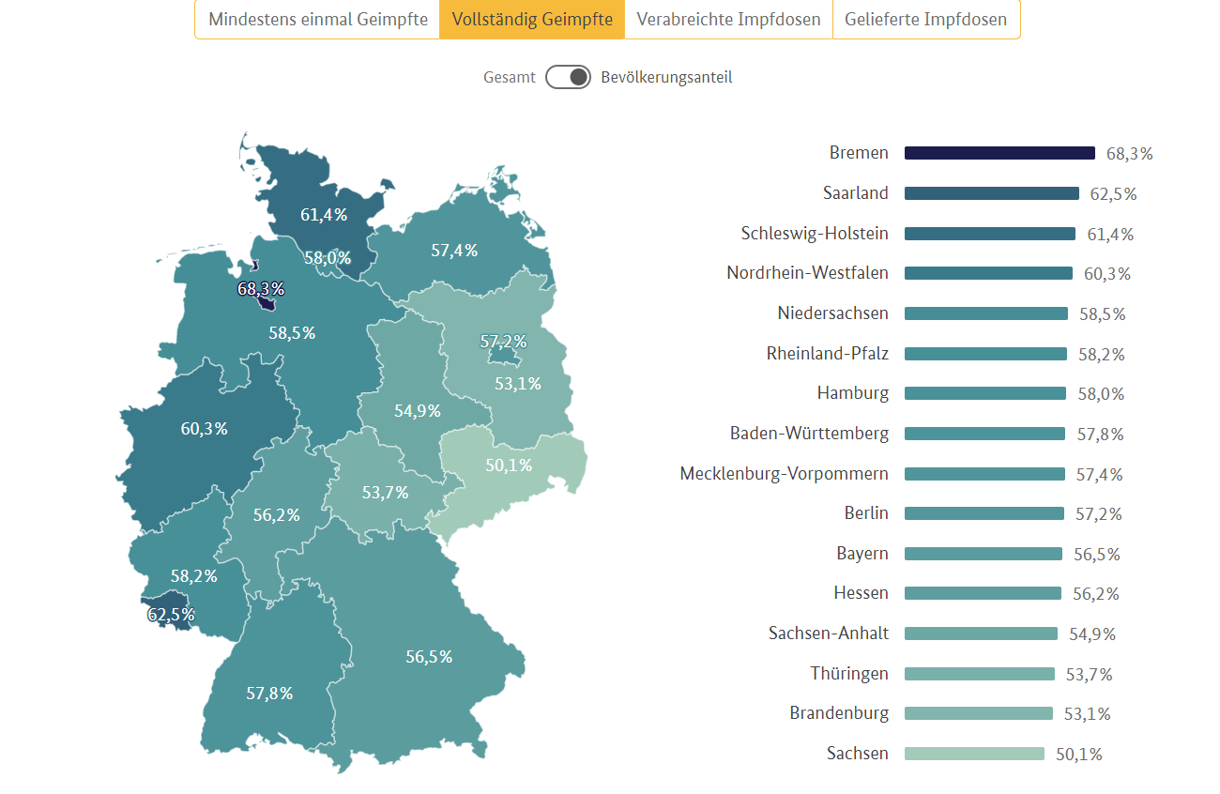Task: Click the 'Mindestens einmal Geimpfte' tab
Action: coord(317,20)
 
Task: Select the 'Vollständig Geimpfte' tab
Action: coord(532,20)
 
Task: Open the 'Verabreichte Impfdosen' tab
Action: coord(728,20)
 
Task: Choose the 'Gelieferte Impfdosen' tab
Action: coord(925,20)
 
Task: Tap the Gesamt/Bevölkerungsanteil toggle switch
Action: coord(568,77)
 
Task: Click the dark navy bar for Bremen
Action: coord(999,153)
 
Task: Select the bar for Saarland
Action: coord(991,193)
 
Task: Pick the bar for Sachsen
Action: coord(974,754)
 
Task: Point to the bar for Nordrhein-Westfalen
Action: coord(988,273)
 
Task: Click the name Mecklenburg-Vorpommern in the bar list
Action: coord(784,474)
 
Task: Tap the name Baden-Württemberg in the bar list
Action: coord(809,434)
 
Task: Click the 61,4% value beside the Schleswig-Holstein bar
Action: coord(1110,234)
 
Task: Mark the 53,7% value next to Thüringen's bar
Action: coord(1088,674)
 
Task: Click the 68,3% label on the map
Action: coord(261,289)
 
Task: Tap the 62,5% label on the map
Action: coord(171,615)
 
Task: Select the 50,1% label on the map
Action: coord(509,466)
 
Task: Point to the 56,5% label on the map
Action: coord(429,657)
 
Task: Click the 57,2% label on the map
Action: coord(503,342)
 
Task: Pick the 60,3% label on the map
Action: coord(204,429)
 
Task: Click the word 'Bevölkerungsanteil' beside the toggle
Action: coord(666,77)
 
